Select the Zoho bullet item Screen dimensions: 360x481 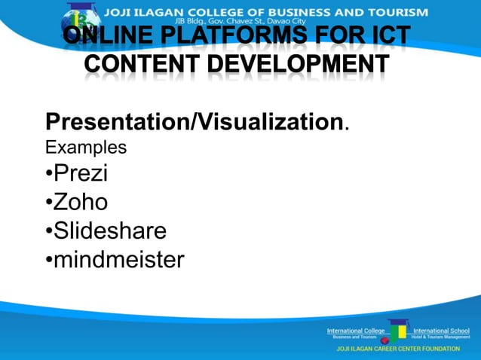coord(81,202)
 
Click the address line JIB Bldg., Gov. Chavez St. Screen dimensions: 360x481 coord(226,22)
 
